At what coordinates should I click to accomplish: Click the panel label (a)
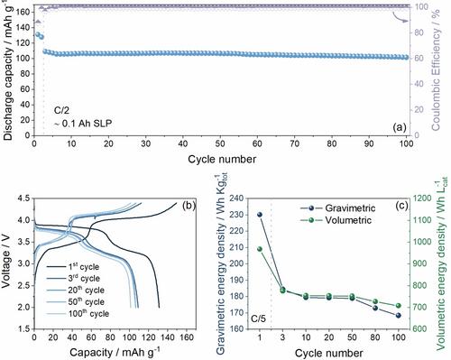pyautogui.click(x=400, y=127)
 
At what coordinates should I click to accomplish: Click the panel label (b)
pyautogui.click(x=189, y=206)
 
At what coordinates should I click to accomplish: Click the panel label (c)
pyautogui.click(x=401, y=206)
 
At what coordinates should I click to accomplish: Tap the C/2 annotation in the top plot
pyautogui.click(x=61, y=110)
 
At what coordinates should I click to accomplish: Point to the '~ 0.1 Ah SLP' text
pyautogui.click(x=83, y=124)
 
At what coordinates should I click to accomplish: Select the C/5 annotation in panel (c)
pyautogui.click(x=258, y=318)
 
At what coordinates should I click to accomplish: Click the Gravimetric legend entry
pyautogui.click(x=338, y=208)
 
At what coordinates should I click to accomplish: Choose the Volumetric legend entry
pyautogui.click(x=336, y=220)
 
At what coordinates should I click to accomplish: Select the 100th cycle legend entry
pyautogui.click(x=78, y=313)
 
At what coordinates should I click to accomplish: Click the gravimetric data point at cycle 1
pyautogui.click(x=260, y=215)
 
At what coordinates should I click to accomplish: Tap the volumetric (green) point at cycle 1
pyautogui.click(x=260, y=249)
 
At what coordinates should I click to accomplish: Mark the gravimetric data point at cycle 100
pyautogui.click(x=399, y=315)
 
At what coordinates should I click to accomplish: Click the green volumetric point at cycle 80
pyautogui.click(x=375, y=301)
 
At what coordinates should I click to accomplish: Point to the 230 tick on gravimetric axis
pyautogui.click(x=237, y=215)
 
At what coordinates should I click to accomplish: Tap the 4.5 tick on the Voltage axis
pyautogui.click(x=24, y=198)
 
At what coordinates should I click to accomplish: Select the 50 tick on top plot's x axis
pyautogui.click(x=220, y=143)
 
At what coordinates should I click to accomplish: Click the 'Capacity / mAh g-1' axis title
pyautogui.click(x=115, y=351)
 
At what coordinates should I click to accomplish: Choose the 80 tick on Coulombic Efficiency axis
pyautogui.click(x=419, y=32)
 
